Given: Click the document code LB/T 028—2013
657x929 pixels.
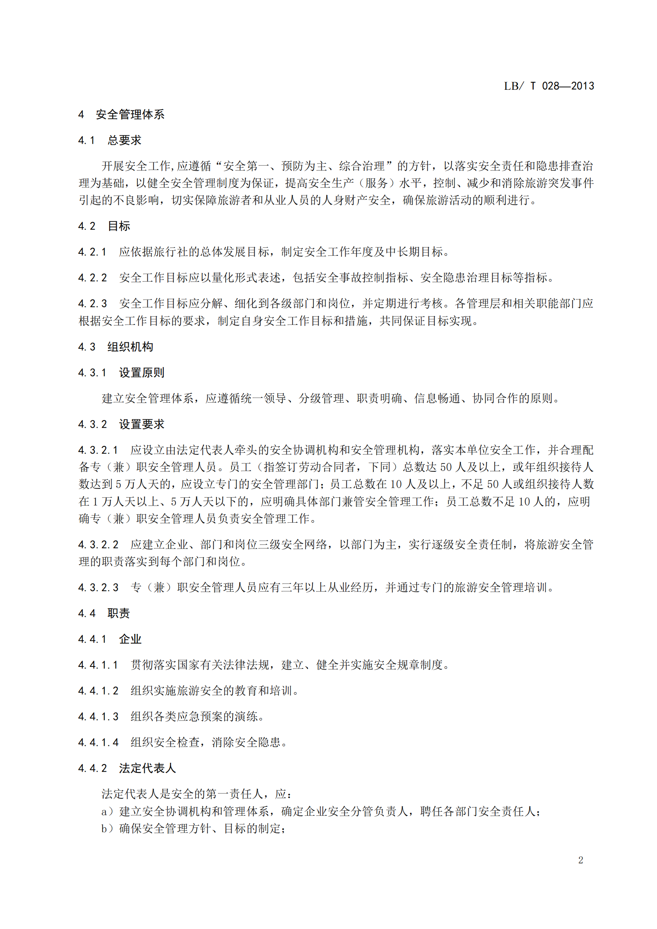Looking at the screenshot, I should [x=549, y=86].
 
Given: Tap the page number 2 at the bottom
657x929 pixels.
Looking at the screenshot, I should [x=581, y=860].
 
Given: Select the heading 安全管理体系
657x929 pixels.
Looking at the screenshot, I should [x=130, y=114].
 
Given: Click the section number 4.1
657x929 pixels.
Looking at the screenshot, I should [x=86, y=140].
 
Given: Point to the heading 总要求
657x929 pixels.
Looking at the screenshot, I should [x=124, y=140].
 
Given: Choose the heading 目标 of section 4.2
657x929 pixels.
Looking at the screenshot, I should [x=119, y=226].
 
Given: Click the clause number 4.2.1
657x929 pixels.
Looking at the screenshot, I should [x=92, y=252].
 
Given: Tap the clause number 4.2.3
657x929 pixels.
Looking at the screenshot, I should [x=92, y=303].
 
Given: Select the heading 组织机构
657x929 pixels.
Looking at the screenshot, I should [x=130, y=347].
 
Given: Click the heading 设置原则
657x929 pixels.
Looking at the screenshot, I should [x=141, y=373].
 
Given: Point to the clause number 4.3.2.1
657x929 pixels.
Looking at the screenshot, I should [x=98, y=450].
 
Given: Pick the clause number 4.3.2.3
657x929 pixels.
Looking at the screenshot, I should [x=98, y=587].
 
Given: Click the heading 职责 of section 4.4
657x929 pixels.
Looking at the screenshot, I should [x=118, y=613].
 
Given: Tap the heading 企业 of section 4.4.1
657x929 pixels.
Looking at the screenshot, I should [x=130, y=639].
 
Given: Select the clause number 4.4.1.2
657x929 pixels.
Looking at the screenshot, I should [x=98, y=691].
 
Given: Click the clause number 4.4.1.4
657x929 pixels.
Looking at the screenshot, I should [x=98, y=742].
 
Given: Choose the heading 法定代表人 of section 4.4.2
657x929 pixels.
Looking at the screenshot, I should [x=147, y=769].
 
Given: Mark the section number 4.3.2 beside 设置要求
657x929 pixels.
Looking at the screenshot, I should [x=92, y=425].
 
